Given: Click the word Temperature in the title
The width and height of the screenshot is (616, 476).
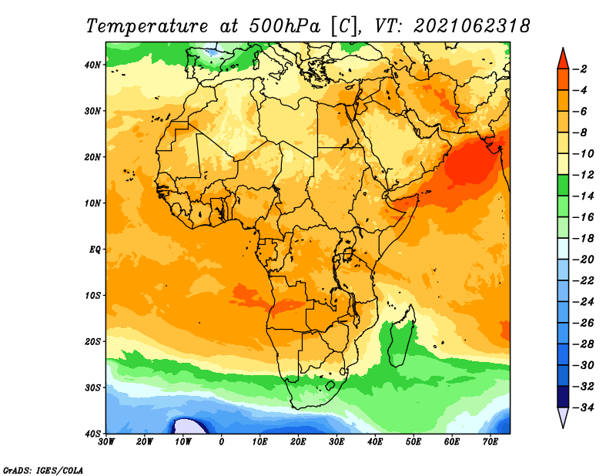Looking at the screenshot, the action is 146,26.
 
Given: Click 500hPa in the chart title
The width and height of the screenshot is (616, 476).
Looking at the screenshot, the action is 284,26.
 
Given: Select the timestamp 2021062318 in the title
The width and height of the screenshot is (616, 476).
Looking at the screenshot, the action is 472,26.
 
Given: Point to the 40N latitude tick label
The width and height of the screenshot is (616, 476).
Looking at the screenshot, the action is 92,65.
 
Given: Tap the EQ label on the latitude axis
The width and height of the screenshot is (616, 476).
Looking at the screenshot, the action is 95,250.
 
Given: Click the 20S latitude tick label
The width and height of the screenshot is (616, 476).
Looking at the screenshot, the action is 92,341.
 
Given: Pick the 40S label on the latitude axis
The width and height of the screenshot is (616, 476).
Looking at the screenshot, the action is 92,434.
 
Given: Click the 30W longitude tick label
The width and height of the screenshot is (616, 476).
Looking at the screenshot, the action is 106,442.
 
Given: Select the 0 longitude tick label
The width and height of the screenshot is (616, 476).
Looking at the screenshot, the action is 222,442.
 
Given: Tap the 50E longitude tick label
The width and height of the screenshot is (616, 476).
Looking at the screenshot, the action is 413,442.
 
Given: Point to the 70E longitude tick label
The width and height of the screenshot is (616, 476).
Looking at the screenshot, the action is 490,442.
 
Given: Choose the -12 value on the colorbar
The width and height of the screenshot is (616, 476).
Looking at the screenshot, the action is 583,175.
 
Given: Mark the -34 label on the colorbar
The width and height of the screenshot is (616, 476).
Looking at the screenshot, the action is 583,407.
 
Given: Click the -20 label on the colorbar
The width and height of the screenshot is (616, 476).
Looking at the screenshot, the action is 583,260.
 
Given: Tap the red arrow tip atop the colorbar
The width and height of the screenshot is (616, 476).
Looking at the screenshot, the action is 563,49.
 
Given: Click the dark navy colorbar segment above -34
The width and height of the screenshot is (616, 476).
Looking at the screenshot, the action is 563,397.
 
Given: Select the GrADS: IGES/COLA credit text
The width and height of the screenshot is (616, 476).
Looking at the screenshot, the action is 43,470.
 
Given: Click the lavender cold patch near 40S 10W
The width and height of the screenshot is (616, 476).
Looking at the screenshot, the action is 189,427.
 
